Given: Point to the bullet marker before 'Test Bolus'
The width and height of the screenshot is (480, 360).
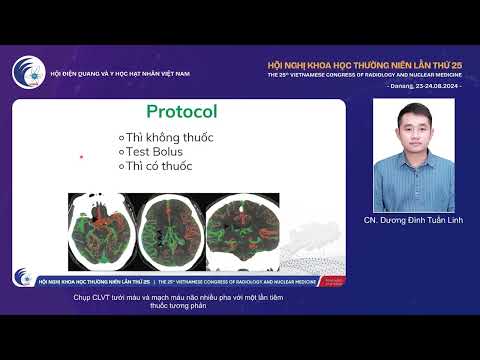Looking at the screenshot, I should (122, 151).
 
